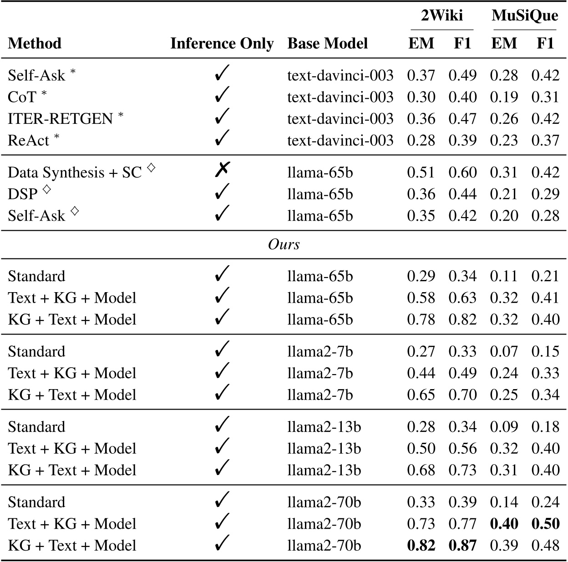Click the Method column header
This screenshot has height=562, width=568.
click(x=35, y=43)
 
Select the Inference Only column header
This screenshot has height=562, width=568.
click(x=222, y=43)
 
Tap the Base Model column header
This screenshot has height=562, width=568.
click(x=327, y=43)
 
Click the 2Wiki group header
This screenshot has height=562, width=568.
click(x=441, y=15)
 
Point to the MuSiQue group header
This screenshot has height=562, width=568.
click(x=525, y=15)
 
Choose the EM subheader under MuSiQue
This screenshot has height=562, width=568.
click(x=504, y=43)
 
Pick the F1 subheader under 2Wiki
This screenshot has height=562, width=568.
click(x=462, y=43)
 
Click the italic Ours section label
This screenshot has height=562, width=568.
click(x=284, y=244)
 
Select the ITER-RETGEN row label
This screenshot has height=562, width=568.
click(x=60, y=119)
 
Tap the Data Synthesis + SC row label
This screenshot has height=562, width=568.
click(x=75, y=172)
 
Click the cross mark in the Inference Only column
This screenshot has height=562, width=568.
click(x=222, y=171)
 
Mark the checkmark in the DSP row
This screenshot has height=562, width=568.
click(x=222, y=192)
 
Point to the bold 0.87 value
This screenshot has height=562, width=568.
click(x=462, y=545)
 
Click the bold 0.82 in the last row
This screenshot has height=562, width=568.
click(x=421, y=545)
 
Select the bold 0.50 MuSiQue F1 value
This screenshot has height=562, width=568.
click(x=545, y=524)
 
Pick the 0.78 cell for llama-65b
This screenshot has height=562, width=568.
click(x=421, y=319)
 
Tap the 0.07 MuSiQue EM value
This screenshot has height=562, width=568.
click(x=504, y=351)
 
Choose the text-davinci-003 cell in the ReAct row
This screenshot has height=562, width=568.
click(x=340, y=140)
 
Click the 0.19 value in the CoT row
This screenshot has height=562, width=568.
click(x=504, y=97)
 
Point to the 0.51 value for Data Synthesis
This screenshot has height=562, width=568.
click(x=421, y=172)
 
